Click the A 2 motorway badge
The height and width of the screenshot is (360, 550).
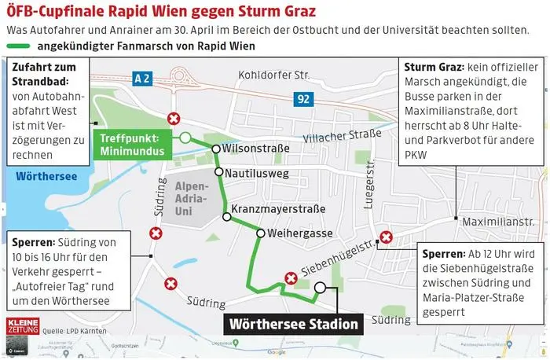click(x=142, y=79)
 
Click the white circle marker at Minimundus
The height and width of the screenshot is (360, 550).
click(x=185, y=138)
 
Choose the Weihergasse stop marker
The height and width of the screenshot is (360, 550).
click(x=261, y=233)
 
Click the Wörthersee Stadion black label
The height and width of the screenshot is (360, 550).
click(x=294, y=323)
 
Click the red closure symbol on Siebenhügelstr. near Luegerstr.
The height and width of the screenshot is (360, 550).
click(x=386, y=237)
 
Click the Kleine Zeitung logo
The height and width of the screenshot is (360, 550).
click(x=21, y=327)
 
